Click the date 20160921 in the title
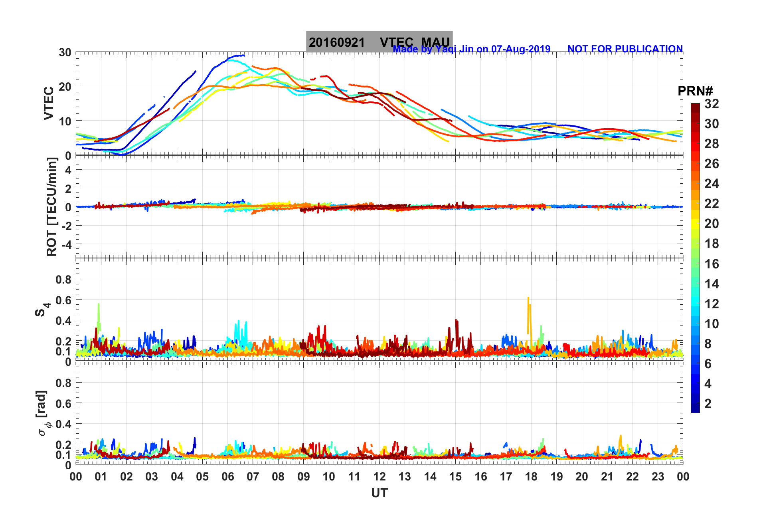[x=336, y=42]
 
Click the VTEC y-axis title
[x=48, y=103]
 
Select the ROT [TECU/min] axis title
[x=51, y=206]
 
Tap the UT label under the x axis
[x=379, y=493]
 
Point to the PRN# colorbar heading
[x=695, y=91]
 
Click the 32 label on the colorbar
[x=712, y=104]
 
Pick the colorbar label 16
[x=712, y=264]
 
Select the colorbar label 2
[x=708, y=403]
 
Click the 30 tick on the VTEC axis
[x=65, y=52]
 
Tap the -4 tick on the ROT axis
[x=65, y=244]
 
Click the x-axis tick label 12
[x=379, y=476]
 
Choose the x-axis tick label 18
[x=531, y=476]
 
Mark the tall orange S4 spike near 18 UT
[x=528, y=298]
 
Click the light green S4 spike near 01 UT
[x=99, y=305]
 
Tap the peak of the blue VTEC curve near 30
[x=239, y=56]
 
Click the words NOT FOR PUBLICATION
[x=625, y=49]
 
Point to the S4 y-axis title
[x=42, y=309]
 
